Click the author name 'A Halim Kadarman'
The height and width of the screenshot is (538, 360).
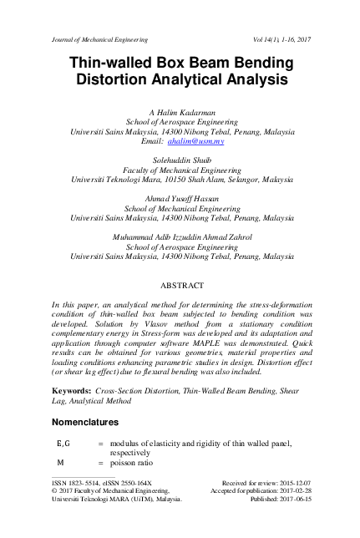pyautogui.click(x=180, y=110)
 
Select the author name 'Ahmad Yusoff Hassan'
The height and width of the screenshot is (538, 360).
pyautogui.click(x=180, y=197)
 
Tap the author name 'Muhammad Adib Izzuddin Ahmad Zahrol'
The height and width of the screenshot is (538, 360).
pyautogui.click(x=180, y=236)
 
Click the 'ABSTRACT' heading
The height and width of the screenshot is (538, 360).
pyautogui.click(x=180, y=284)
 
